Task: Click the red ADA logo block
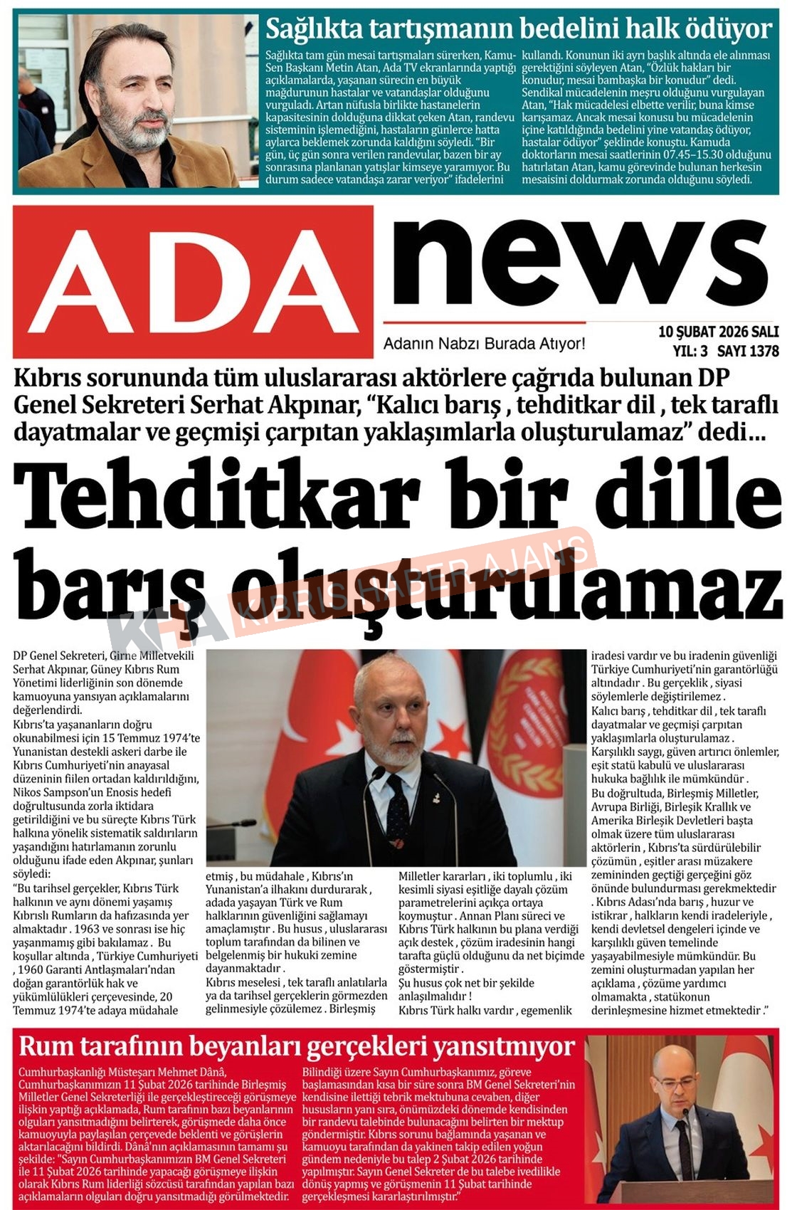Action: tap(193, 282)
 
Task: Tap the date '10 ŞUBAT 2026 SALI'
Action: tap(718, 332)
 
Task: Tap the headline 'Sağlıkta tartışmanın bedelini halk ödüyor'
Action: tap(518, 29)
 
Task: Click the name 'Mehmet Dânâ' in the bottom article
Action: tap(191, 1072)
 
